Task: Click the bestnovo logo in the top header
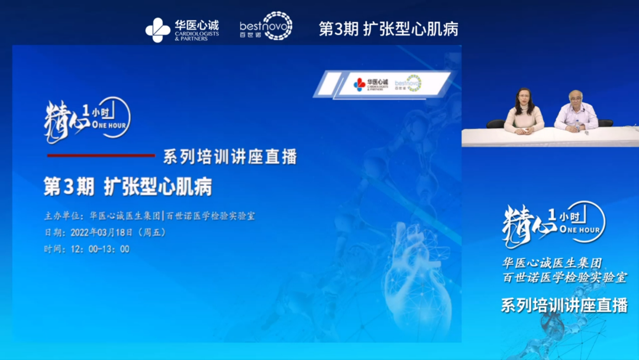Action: tap(266, 27)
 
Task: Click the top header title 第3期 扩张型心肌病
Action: tap(388, 28)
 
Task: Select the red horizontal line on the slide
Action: tap(101, 156)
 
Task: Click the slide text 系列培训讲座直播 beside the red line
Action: tap(230, 157)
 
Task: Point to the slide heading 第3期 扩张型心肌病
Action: tap(128, 187)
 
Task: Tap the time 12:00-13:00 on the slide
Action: tap(100, 249)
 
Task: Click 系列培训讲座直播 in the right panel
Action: tap(563, 306)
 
